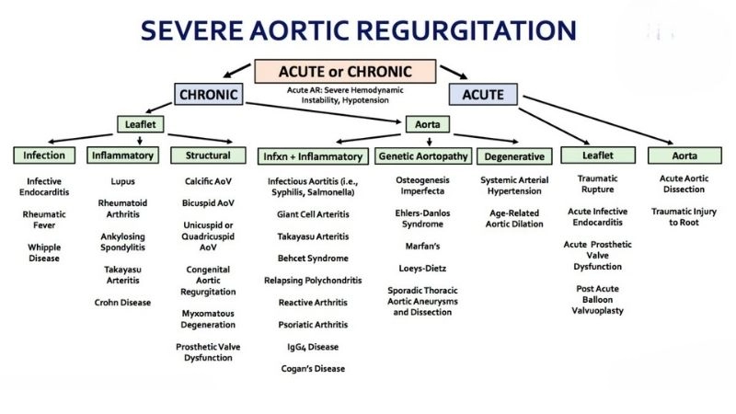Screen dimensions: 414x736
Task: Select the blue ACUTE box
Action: tap(483, 94)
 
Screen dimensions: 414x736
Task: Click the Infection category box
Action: tap(44, 155)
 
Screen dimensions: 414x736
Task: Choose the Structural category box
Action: tap(207, 155)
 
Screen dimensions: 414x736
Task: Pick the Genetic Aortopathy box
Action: tap(423, 155)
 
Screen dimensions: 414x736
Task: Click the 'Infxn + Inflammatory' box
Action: tap(313, 155)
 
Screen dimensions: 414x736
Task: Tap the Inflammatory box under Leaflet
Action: tap(122, 155)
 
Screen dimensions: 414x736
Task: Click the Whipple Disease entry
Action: tap(44, 252)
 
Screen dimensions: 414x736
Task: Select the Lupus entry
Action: tap(122, 181)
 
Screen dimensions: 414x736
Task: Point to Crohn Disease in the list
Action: tap(122, 302)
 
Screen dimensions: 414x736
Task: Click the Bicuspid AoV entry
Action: tap(209, 202)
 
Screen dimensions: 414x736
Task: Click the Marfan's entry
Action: tap(424, 247)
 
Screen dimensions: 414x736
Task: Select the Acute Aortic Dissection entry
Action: tap(682, 184)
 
